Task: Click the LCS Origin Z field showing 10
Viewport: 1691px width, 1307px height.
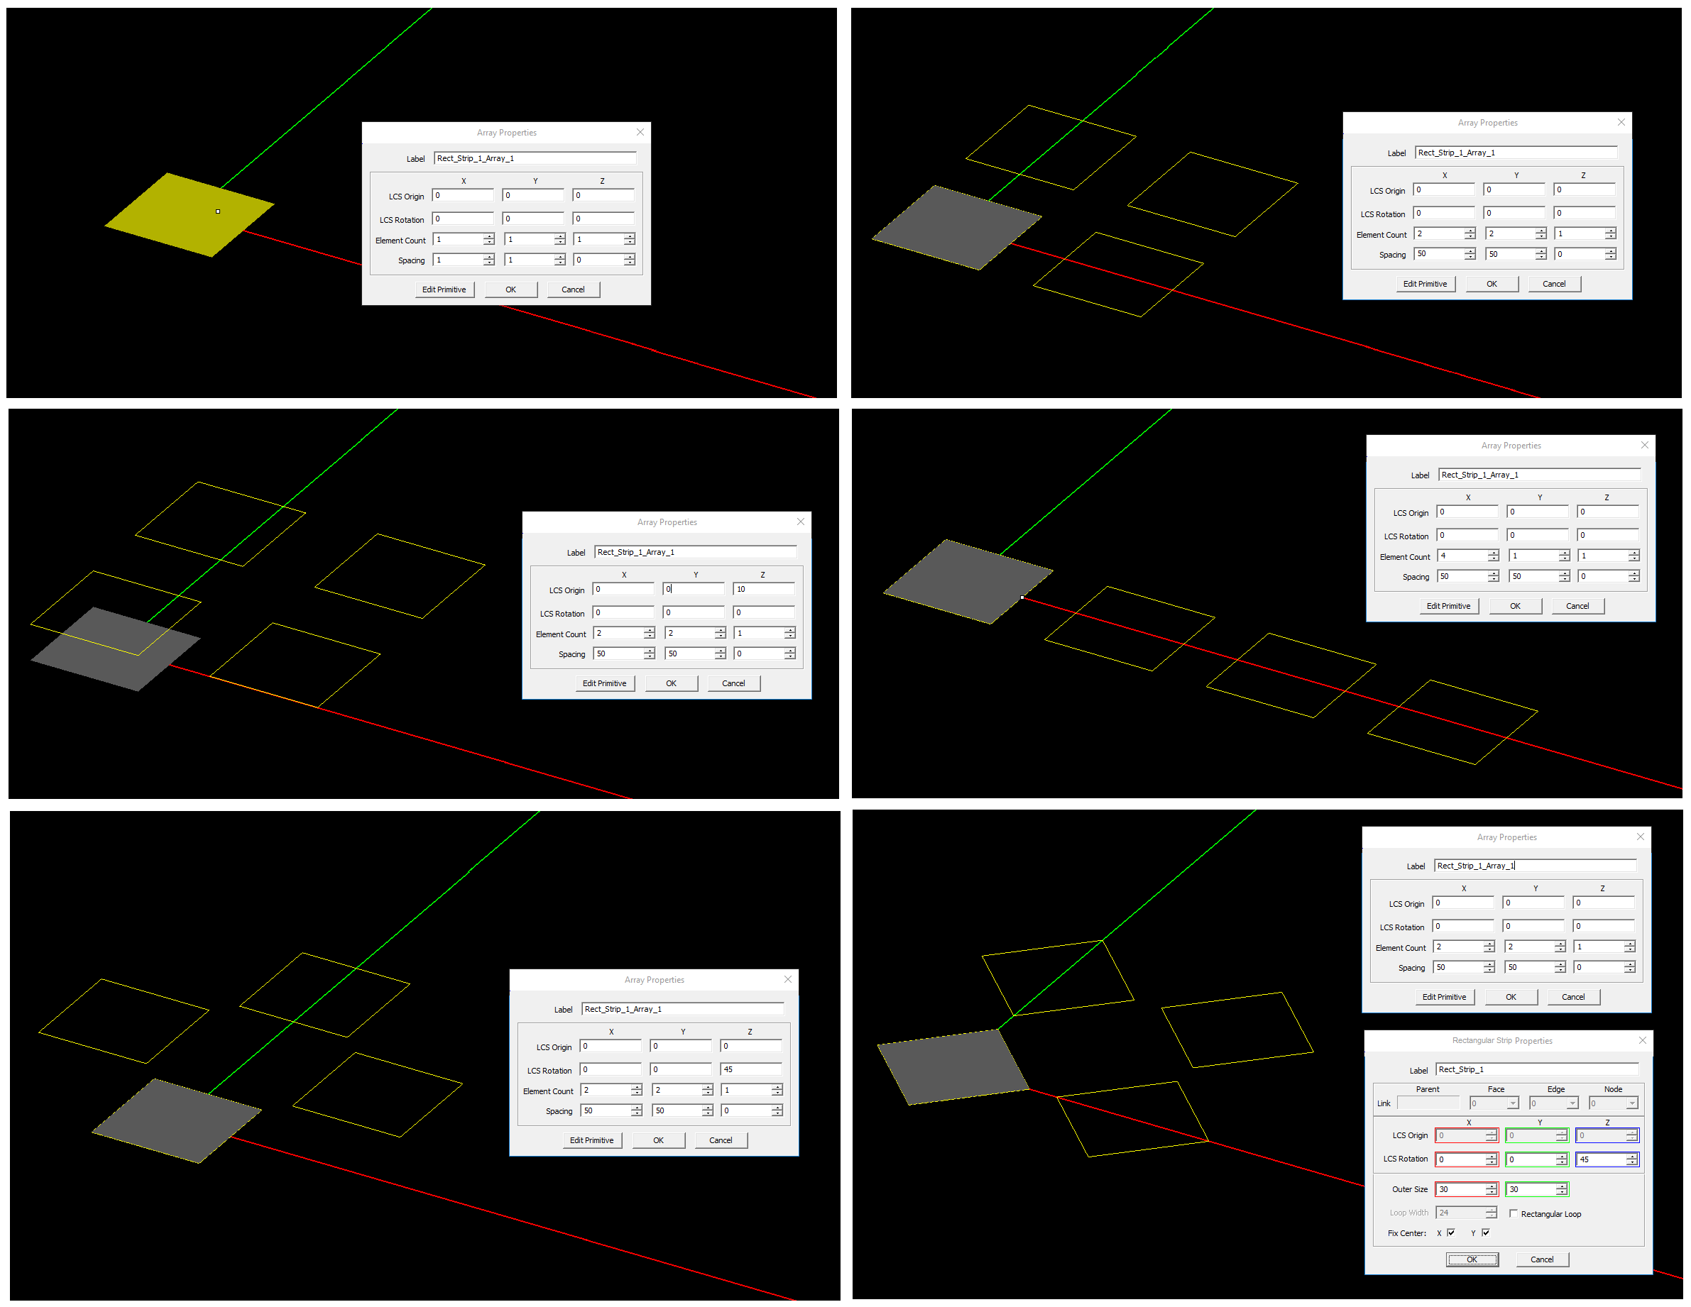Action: tap(762, 589)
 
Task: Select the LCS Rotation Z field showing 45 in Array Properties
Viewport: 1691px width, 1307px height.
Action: tap(749, 1069)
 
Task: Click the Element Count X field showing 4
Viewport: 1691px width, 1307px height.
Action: tap(1461, 556)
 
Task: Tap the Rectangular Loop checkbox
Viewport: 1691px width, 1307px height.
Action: tap(1513, 1213)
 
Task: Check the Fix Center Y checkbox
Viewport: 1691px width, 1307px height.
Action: tap(1485, 1232)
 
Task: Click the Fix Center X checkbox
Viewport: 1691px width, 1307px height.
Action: tap(1451, 1232)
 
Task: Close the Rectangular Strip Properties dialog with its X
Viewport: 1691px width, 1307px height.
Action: tap(1642, 1040)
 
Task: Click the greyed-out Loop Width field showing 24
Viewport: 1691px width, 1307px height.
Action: tap(1460, 1213)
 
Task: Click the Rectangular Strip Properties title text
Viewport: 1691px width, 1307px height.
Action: tap(1501, 1040)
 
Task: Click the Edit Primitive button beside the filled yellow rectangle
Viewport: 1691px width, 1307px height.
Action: tap(444, 289)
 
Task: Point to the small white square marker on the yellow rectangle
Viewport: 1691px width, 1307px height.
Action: tap(219, 211)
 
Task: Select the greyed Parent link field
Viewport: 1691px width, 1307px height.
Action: tap(1427, 1103)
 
